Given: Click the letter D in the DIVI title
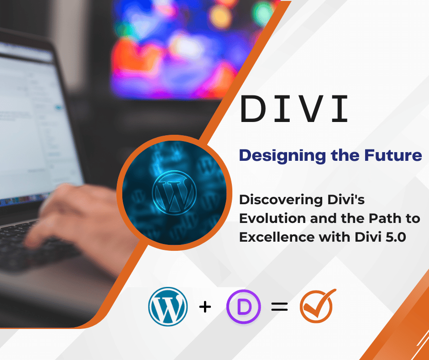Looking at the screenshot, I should [254, 109].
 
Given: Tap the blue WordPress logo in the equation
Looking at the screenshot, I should [168, 306].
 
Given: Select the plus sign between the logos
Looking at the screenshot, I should [205, 307].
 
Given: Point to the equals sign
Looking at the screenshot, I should [279, 307].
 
